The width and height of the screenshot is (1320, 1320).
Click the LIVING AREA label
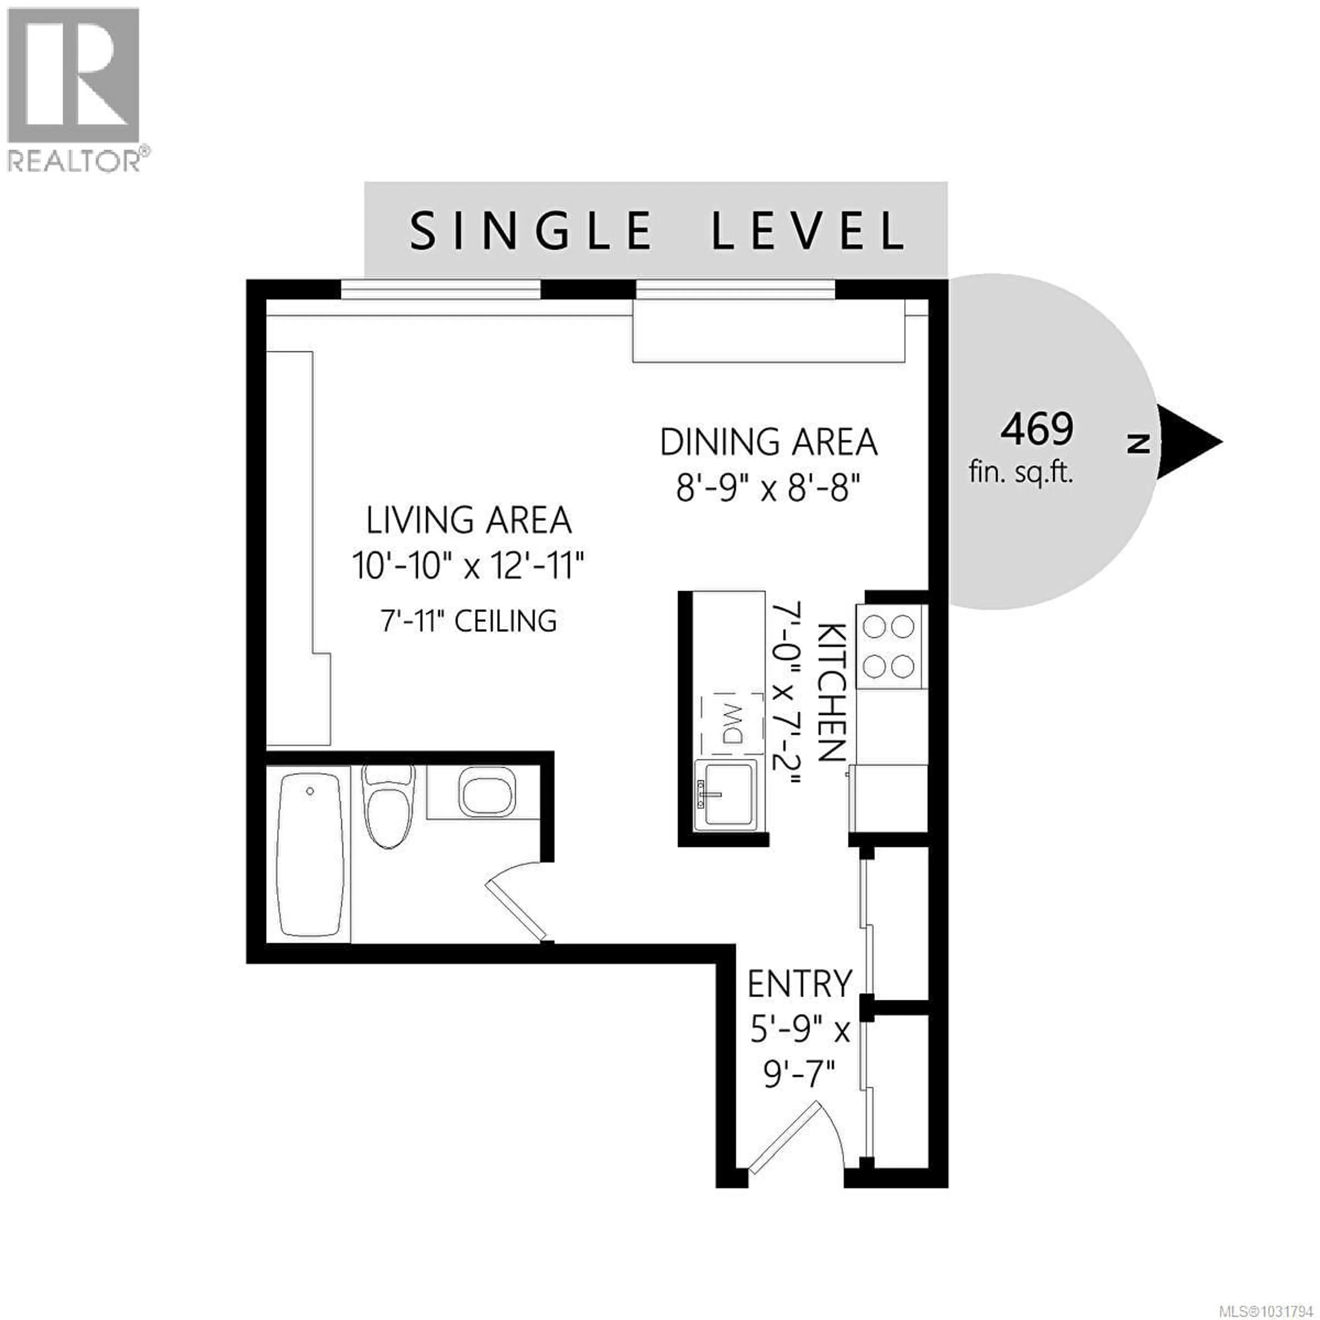pyautogui.click(x=469, y=521)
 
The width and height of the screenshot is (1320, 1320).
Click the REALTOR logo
pyautogui.click(x=73, y=89)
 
